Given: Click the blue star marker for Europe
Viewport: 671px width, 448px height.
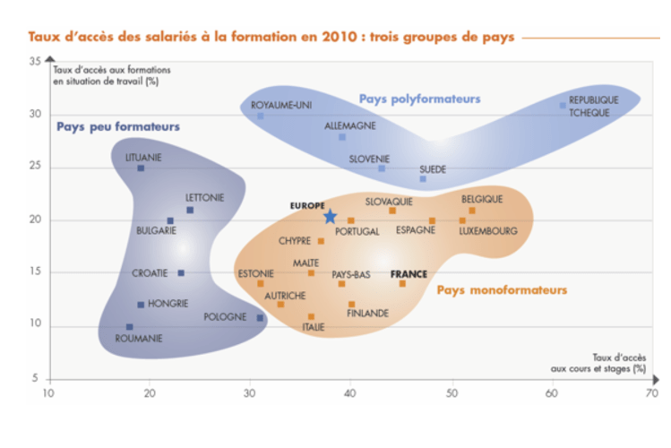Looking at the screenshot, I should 330,216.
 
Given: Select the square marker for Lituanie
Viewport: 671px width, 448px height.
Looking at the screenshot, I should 141,168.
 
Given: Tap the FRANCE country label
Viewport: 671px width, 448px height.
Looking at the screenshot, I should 409,274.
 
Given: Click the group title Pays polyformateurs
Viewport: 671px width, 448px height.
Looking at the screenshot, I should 419,98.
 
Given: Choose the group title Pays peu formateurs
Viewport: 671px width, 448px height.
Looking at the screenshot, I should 118,126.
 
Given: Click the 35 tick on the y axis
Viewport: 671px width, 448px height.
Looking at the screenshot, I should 34,61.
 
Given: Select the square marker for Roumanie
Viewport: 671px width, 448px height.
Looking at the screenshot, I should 130,327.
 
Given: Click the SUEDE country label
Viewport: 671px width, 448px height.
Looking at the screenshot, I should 433,169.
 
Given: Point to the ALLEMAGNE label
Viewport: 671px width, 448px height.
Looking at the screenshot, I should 350,126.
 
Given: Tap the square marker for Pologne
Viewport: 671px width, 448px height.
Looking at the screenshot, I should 261,318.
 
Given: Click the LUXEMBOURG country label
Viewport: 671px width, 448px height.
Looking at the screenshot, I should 488,231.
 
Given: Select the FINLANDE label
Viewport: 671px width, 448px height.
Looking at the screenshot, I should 368,314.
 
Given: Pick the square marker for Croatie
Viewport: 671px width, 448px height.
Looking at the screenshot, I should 181,273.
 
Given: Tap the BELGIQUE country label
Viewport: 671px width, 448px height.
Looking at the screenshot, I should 482,199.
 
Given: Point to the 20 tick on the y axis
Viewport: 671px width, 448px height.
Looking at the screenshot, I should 34,220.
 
